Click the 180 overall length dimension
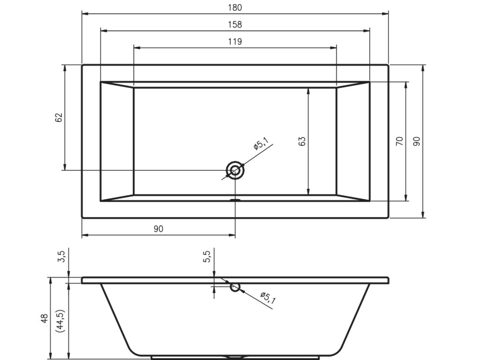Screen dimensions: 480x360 coord(235,7)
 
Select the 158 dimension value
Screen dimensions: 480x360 coord(235,24)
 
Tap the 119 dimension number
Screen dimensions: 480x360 coord(235,41)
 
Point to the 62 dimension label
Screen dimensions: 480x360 coord(59,117)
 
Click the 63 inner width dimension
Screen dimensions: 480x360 coord(302,141)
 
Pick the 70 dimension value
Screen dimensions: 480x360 coord(400,141)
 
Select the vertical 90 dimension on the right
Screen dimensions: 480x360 coord(417,141)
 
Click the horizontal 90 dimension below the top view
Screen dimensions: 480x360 coord(158,229)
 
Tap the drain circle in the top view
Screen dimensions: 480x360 coord(235,162)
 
